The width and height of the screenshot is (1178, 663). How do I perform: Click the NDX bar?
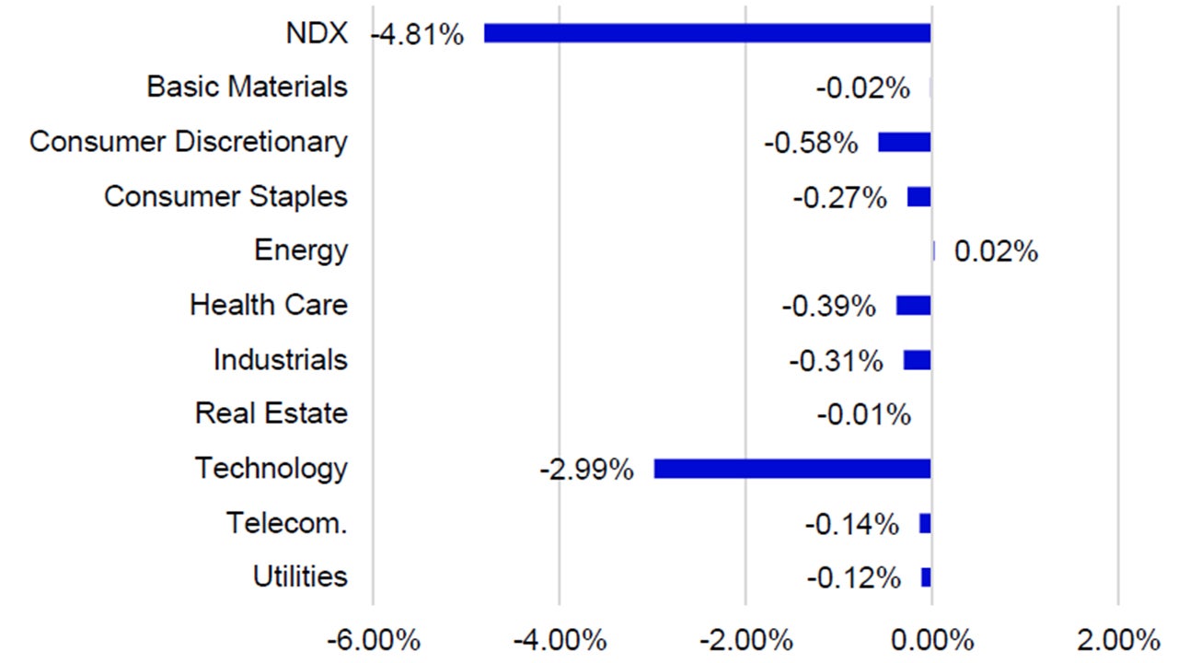[707, 33]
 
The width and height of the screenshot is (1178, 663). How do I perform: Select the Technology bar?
[792, 469]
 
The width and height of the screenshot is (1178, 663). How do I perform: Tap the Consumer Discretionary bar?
[905, 142]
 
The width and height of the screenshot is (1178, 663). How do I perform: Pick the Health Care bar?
[914, 305]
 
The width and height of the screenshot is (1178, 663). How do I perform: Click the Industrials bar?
[918, 359]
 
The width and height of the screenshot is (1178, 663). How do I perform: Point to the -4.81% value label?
[417, 35]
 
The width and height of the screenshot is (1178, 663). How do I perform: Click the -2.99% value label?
[586, 471]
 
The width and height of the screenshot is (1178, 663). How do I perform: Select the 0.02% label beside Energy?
[996, 252]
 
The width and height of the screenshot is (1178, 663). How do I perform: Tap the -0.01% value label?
[863, 415]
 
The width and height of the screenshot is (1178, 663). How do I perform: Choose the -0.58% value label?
[811, 144]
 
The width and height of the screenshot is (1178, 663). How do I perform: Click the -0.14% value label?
[851, 525]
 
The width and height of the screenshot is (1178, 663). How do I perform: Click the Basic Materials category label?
[248, 87]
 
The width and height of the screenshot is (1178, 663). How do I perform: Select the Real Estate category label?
[271, 413]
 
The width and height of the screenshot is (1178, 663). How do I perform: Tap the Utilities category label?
[300, 577]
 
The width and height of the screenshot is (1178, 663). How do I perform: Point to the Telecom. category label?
[287, 523]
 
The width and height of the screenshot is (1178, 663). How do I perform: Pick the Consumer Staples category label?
[225, 196]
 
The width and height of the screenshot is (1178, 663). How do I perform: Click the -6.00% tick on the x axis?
[373, 639]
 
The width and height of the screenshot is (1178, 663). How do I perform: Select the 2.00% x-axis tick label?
[1117, 639]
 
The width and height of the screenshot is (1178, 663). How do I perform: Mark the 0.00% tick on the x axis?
[931, 639]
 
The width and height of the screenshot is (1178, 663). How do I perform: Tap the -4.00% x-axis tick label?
[559, 639]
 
